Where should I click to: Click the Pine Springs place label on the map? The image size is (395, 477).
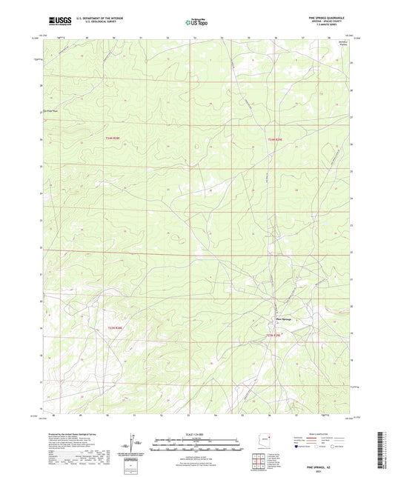284,319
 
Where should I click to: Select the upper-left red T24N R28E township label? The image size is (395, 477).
112,139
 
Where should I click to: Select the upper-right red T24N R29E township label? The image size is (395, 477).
275,139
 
